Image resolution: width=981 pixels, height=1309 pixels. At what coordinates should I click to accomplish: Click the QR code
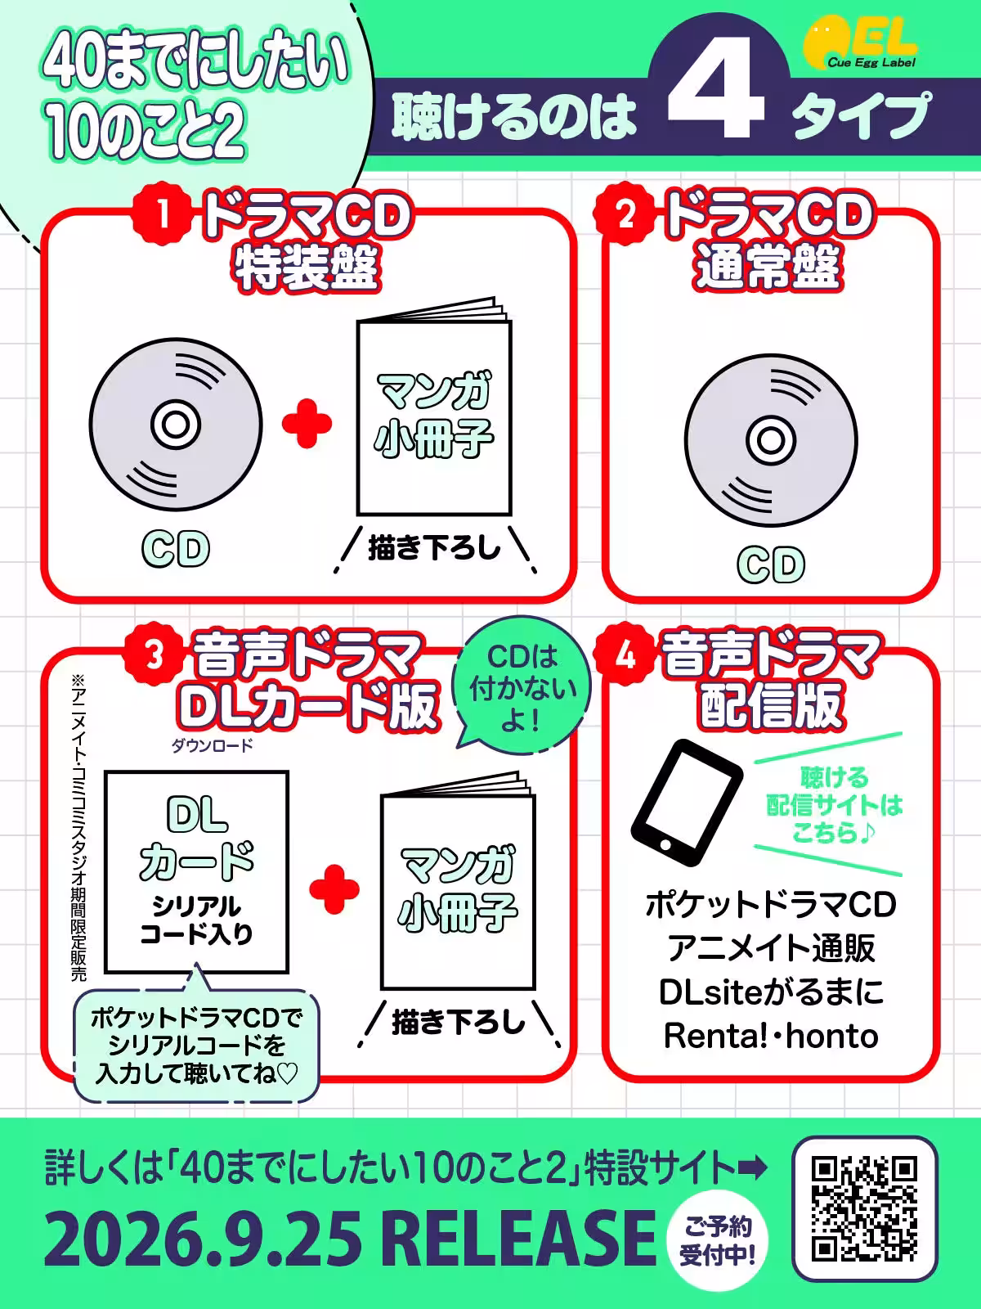(x=865, y=1209)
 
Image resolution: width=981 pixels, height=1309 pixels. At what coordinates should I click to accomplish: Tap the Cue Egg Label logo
(x=860, y=45)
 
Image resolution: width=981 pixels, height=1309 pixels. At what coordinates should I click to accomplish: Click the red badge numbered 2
(x=626, y=215)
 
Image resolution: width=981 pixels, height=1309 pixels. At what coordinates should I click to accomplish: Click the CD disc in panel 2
(x=770, y=441)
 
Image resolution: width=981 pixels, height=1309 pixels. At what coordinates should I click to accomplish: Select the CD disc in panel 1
(x=176, y=425)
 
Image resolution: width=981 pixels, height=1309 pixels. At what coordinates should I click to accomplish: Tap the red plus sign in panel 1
(x=307, y=423)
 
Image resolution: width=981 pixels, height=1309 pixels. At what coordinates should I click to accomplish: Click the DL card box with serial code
(x=196, y=871)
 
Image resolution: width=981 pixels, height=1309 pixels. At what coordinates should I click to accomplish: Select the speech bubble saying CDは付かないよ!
(x=522, y=689)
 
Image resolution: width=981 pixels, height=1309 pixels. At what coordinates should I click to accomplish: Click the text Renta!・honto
(x=770, y=1036)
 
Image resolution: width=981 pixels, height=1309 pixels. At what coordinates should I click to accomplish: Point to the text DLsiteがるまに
(x=770, y=992)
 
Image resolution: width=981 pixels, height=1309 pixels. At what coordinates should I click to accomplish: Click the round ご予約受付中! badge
(x=718, y=1240)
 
